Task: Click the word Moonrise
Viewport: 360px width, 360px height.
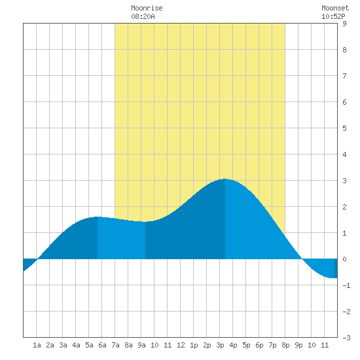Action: [x=147, y=8]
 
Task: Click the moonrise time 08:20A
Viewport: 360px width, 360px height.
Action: [x=143, y=16]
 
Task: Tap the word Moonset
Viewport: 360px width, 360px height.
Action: [x=335, y=8]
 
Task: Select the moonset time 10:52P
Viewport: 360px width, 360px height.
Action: [x=333, y=16]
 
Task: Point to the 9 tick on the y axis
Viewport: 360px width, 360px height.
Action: [x=344, y=24]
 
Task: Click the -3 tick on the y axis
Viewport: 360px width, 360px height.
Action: [x=346, y=338]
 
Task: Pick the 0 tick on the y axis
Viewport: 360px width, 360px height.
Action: [x=344, y=259]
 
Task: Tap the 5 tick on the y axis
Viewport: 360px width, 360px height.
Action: [x=344, y=128]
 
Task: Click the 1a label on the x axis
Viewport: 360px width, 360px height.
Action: [x=37, y=345]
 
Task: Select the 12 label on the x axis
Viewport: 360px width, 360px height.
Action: [x=181, y=345]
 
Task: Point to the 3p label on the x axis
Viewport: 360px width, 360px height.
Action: [x=220, y=345]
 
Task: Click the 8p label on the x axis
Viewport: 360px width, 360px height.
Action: [x=285, y=345]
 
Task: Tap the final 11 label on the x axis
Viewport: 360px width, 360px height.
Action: [x=325, y=345]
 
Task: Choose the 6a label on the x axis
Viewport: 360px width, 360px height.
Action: [x=102, y=345]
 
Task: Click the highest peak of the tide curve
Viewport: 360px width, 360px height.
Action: [x=225, y=179]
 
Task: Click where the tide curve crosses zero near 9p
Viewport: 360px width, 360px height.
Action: [x=302, y=259]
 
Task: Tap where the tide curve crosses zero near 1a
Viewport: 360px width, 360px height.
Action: [x=38, y=259]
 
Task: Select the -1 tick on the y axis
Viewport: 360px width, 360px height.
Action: [x=346, y=285]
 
